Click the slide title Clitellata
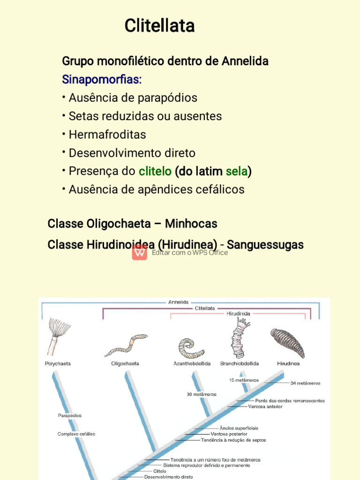click(x=159, y=26)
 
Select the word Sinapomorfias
click(x=102, y=79)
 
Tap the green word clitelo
click(x=155, y=171)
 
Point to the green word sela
click(x=236, y=171)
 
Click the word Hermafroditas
click(x=107, y=135)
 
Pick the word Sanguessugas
click(x=265, y=245)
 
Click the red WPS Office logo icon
click(x=140, y=252)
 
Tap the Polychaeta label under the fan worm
click(x=58, y=363)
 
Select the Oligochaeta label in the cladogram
click(x=125, y=363)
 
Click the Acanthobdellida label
click(x=192, y=363)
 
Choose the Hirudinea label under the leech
click(x=288, y=363)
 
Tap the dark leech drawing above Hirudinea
click(x=287, y=342)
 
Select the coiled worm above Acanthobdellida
click(x=191, y=348)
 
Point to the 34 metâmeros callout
click(x=305, y=383)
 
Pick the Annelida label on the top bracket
click(x=178, y=302)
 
